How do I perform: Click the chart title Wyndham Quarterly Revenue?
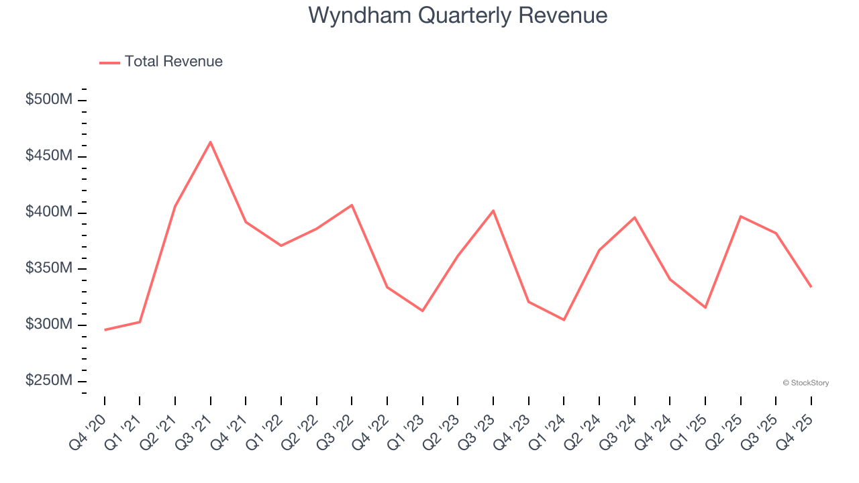tap(458, 15)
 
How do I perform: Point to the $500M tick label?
tap(48, 100)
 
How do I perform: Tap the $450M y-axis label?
tap(48, 156)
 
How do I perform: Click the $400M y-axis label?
tap(48, 212)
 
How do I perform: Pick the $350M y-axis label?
tap(48, 268)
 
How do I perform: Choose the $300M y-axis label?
tap(48, 325)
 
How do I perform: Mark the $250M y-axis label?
tap(48, 380)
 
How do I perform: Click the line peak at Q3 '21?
tap(211, 142)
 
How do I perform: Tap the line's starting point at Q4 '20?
tap(105, 330)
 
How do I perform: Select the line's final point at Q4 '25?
tap(811, 287)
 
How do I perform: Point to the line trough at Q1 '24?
tap(564, 320)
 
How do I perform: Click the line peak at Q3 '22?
tap(352, 205)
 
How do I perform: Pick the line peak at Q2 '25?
tap(740, 216)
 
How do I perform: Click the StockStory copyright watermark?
tap(805, 383)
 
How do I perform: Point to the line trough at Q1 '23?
tap(422, 311)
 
